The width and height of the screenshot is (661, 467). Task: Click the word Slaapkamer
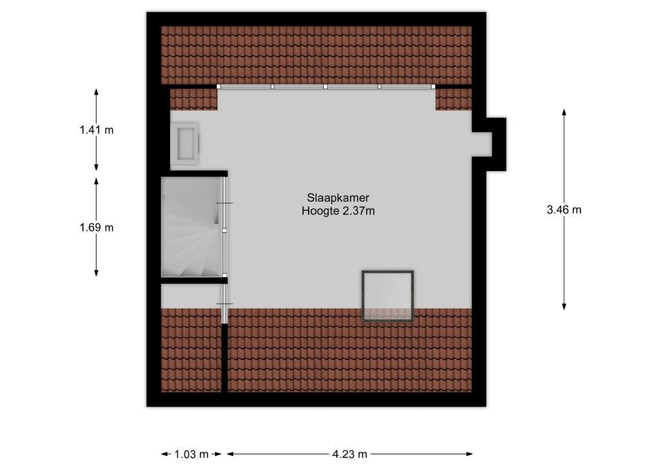(338, 197)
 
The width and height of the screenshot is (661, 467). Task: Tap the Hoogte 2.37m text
(338, 211)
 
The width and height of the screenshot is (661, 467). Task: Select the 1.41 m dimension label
(97, 130)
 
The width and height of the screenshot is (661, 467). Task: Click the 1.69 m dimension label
(97, 228)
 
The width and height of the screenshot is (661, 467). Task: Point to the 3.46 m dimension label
(564, 210)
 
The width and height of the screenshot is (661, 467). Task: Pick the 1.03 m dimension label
(192, 454)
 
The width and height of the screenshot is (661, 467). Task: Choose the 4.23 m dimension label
(349, 454)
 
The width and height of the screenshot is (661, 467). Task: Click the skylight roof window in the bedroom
(388, 295)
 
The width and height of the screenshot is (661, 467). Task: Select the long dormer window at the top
(326, 86)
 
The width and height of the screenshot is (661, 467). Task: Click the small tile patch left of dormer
(193, 99)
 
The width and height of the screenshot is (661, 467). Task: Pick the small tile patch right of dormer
(453, 99)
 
